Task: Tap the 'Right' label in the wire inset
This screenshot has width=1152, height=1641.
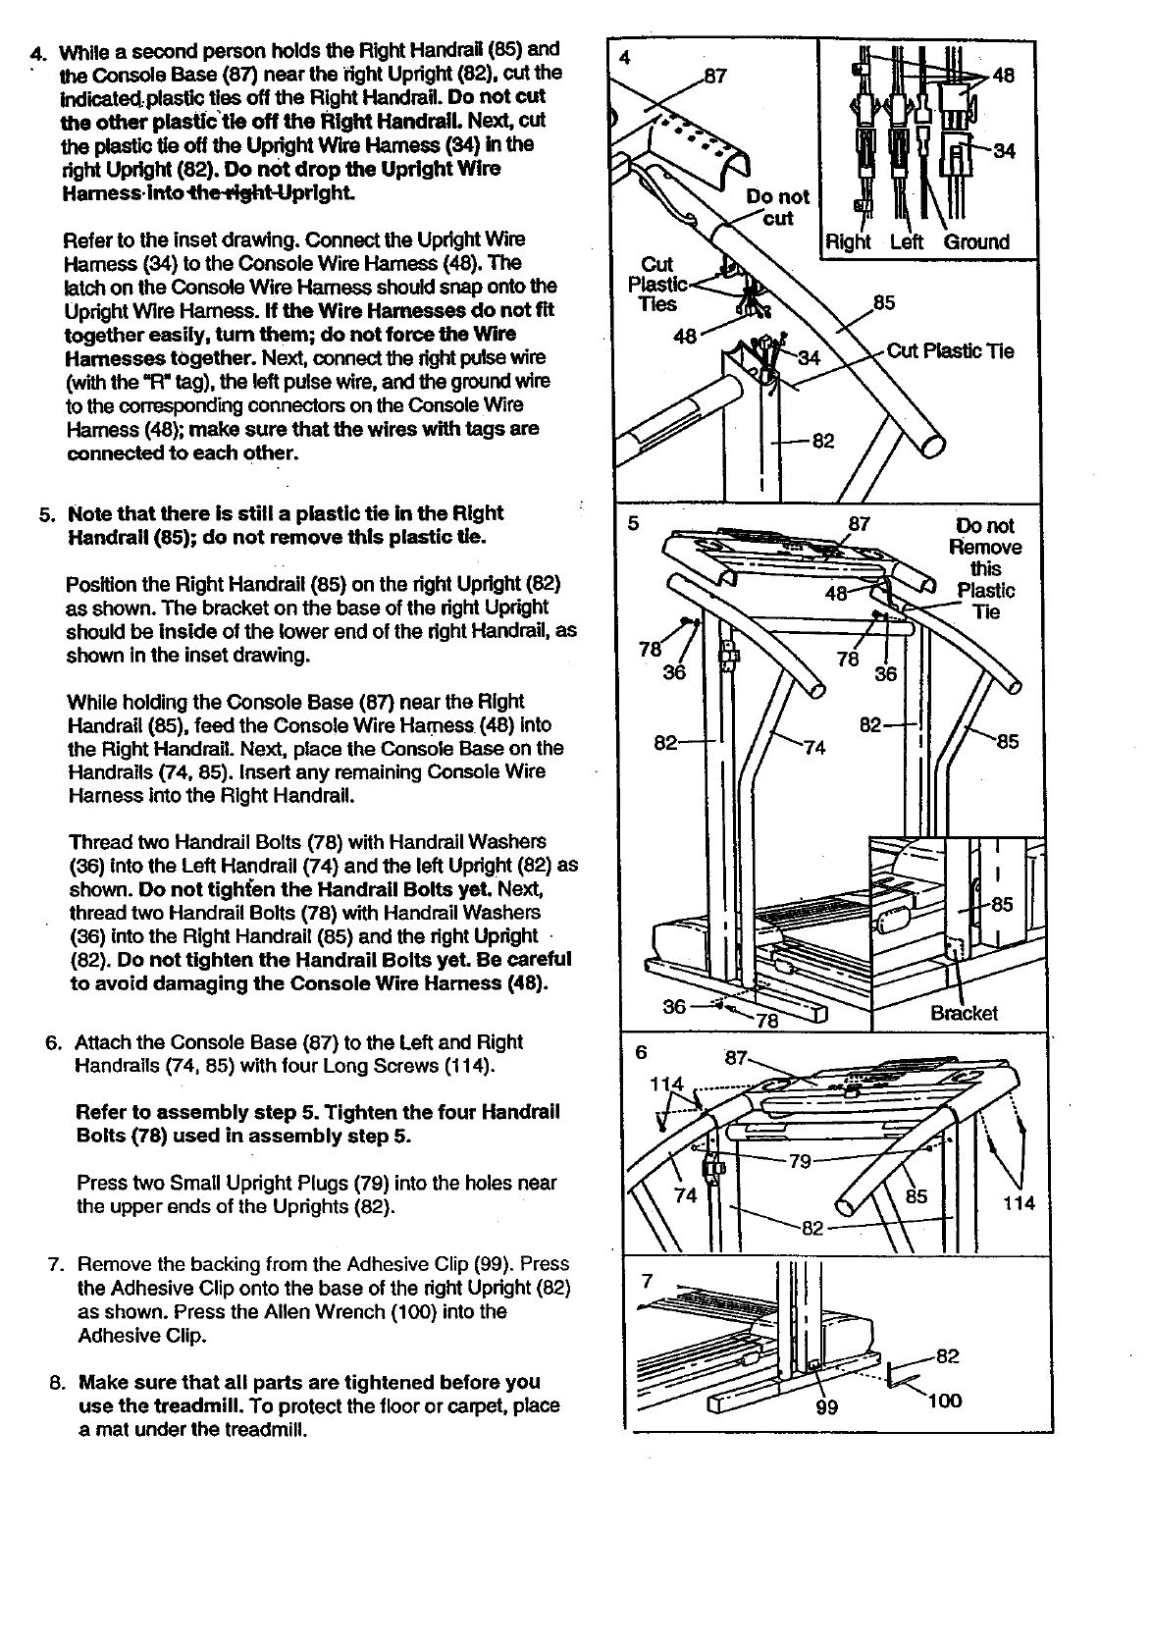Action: click(x=848, y=242)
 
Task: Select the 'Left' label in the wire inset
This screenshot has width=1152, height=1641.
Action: click(x=906, y=242)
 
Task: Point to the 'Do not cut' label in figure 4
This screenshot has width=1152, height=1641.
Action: click(x=777, y=207)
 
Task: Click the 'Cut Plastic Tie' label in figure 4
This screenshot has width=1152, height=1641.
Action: click(x=949, y=351)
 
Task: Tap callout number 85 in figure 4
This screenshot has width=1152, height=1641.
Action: click(x=884, y=303)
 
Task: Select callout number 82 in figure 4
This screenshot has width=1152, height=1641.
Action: click(x=822, y=441)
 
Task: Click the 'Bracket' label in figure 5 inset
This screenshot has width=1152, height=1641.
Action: click(x=964, y=1013)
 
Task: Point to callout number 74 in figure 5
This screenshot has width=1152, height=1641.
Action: click(x=814, y=748)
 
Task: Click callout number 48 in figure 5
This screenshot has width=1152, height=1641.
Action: click(x=837, y=593)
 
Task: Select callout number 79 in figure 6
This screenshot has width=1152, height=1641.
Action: click(x=801, y=1162)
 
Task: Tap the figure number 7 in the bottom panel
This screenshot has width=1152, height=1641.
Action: click(x=646, y=1281)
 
